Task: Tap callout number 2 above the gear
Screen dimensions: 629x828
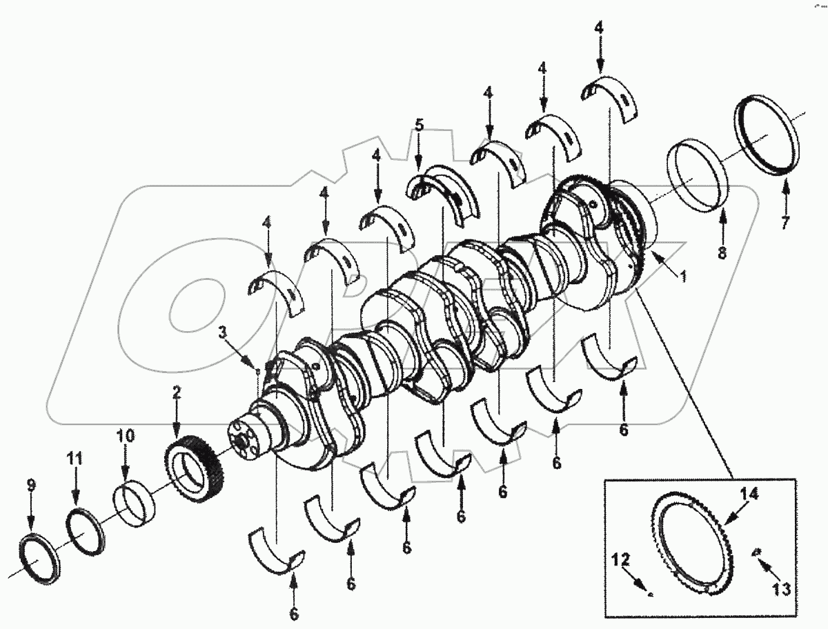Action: click(177, 393)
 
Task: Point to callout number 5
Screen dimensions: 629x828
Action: click(419, 125)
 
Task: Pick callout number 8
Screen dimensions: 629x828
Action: click(722, 252)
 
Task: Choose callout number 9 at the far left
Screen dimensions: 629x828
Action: click(30, 486)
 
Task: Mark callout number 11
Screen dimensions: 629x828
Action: click(76, 457)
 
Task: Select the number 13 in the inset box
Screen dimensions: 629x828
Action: click(780, 589)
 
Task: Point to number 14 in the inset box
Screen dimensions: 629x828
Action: click(750, 494)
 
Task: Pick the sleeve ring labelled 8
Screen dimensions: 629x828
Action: click(698, 175)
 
